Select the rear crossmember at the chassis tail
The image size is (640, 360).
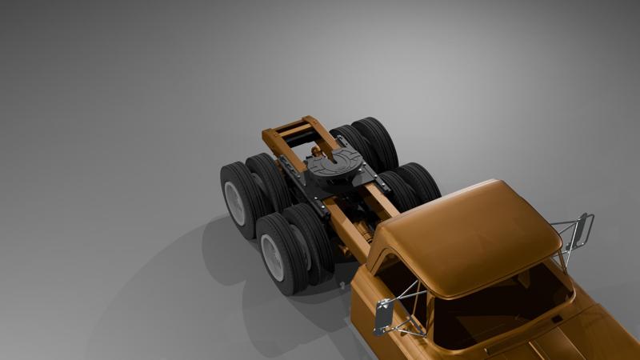[x=291, y=127]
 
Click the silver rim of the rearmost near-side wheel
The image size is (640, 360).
[x=235, y=202]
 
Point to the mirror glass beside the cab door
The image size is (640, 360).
[x=382, y=317]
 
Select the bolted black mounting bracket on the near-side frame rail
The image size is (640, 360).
[x=320, y=208]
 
